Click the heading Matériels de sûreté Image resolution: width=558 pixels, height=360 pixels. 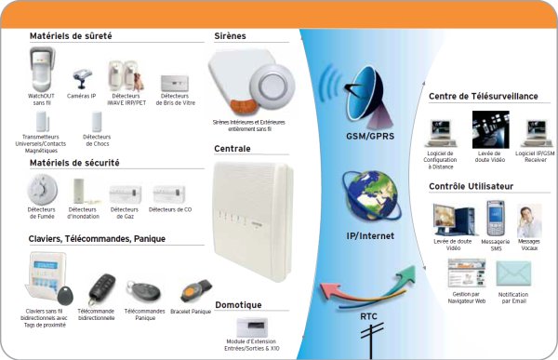click(x=71, y=36)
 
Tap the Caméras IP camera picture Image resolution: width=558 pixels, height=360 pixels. click(x=81, y=73)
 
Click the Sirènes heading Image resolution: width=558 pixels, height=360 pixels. click(x=231, y=36)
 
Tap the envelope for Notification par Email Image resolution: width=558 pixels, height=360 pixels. click(x=512, y=275)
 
